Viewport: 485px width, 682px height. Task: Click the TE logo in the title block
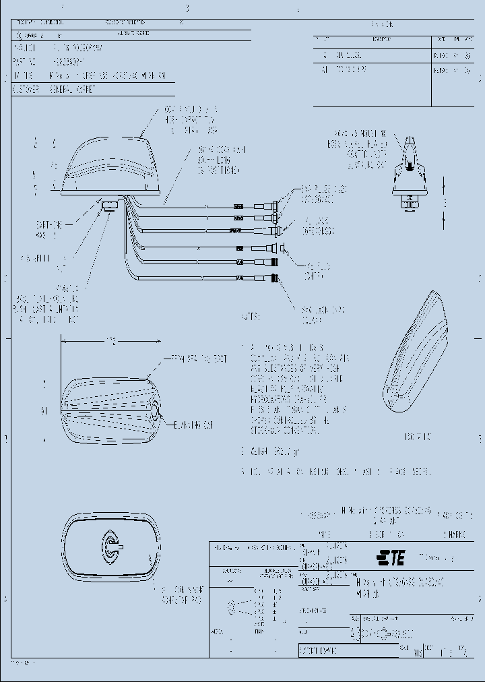click(x=390, y=557)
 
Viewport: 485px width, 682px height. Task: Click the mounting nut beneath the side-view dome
click(x=109, y=205)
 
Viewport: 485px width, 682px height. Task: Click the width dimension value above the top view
click(x=111, y=342)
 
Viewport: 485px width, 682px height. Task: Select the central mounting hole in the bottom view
click(x=108, y=545)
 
